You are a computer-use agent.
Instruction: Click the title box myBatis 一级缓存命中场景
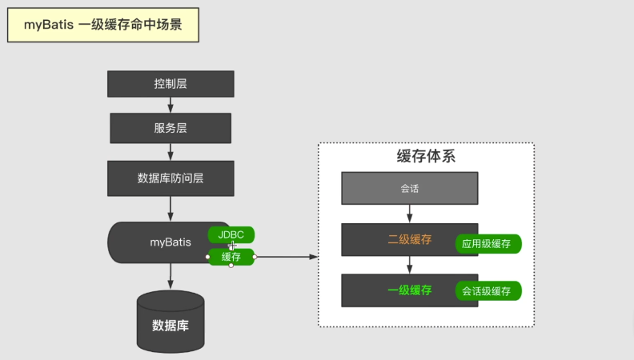click(102, 25)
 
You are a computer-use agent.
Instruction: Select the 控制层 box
click(171, 84)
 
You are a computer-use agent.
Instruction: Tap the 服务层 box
click(171, 128)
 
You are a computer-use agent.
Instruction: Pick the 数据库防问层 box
click(171, 178)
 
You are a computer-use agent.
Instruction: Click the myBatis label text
click(171, 242)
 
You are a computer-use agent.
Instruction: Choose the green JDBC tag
click(231, 234)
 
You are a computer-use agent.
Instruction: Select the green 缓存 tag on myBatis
click(231, 257)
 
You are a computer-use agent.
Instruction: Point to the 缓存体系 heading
click(426, 157)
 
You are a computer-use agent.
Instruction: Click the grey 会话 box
click(410, 189)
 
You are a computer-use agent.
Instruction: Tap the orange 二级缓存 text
click(410, 239)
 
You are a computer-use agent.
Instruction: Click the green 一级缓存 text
click(410, 290)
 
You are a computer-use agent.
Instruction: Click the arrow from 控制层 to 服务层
click(171, 105)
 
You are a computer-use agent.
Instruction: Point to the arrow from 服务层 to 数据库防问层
click(171, 152)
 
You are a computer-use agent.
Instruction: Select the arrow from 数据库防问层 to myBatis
click(171, 209)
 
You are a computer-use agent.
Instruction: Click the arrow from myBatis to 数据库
click(171, 276)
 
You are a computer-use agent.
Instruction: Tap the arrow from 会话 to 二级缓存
click(410, 214)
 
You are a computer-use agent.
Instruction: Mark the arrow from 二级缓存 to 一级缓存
click(410, 265)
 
